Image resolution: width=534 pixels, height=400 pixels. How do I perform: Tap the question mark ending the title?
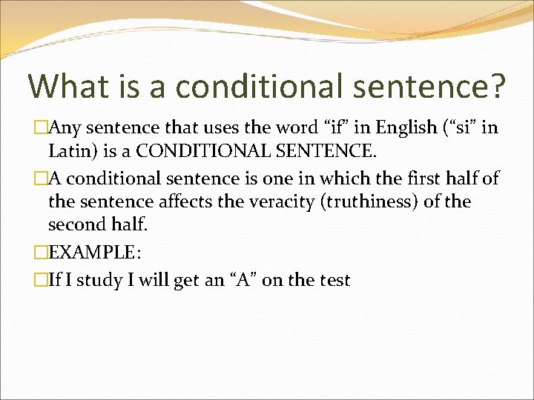[x=496, y=86]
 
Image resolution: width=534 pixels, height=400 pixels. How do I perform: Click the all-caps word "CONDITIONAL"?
[x=206, y=152]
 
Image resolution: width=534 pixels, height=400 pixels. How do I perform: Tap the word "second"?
[x=75, y=224]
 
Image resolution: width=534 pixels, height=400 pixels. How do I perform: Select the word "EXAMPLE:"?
[x=93, y=252]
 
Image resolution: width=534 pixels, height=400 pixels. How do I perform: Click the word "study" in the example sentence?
[x=105, y=281]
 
